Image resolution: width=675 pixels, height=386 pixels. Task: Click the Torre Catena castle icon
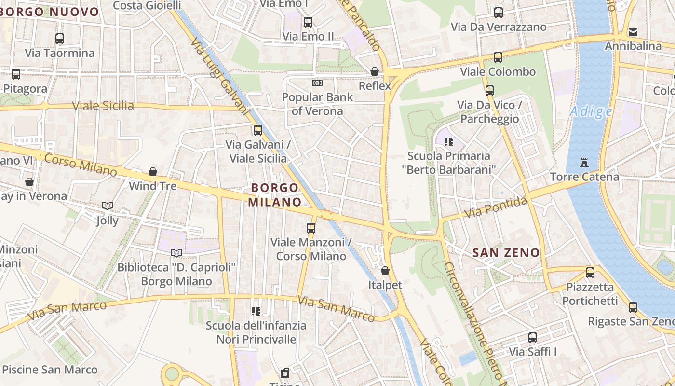point(584,162)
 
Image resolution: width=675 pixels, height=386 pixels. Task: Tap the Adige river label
point(591,112)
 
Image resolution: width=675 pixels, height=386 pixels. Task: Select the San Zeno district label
point(506,252)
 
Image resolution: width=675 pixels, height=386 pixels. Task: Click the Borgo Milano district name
point(275,194)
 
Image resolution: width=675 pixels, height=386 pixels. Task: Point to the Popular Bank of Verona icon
point(317,83)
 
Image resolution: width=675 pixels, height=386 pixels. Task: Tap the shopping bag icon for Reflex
point(375,71)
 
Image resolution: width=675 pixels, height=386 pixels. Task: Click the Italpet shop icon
point(385,271)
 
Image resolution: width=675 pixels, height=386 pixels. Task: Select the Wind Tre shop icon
point(153,172)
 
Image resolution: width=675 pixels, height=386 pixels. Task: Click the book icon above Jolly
point(107,206)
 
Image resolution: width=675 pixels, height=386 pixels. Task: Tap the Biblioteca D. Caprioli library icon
point(176,253)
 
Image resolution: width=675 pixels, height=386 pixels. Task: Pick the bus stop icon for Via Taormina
point(60,39)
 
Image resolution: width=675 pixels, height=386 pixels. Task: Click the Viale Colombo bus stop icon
point(498,57)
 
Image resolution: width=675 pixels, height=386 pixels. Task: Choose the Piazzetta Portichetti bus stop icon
point(590,273)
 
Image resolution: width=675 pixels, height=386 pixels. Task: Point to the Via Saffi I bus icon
point(532,338)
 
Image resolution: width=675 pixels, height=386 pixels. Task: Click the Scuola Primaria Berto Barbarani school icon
point(449,142)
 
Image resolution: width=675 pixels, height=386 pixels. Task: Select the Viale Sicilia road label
point(103,106)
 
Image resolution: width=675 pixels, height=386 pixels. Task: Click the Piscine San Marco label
point(50,370)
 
